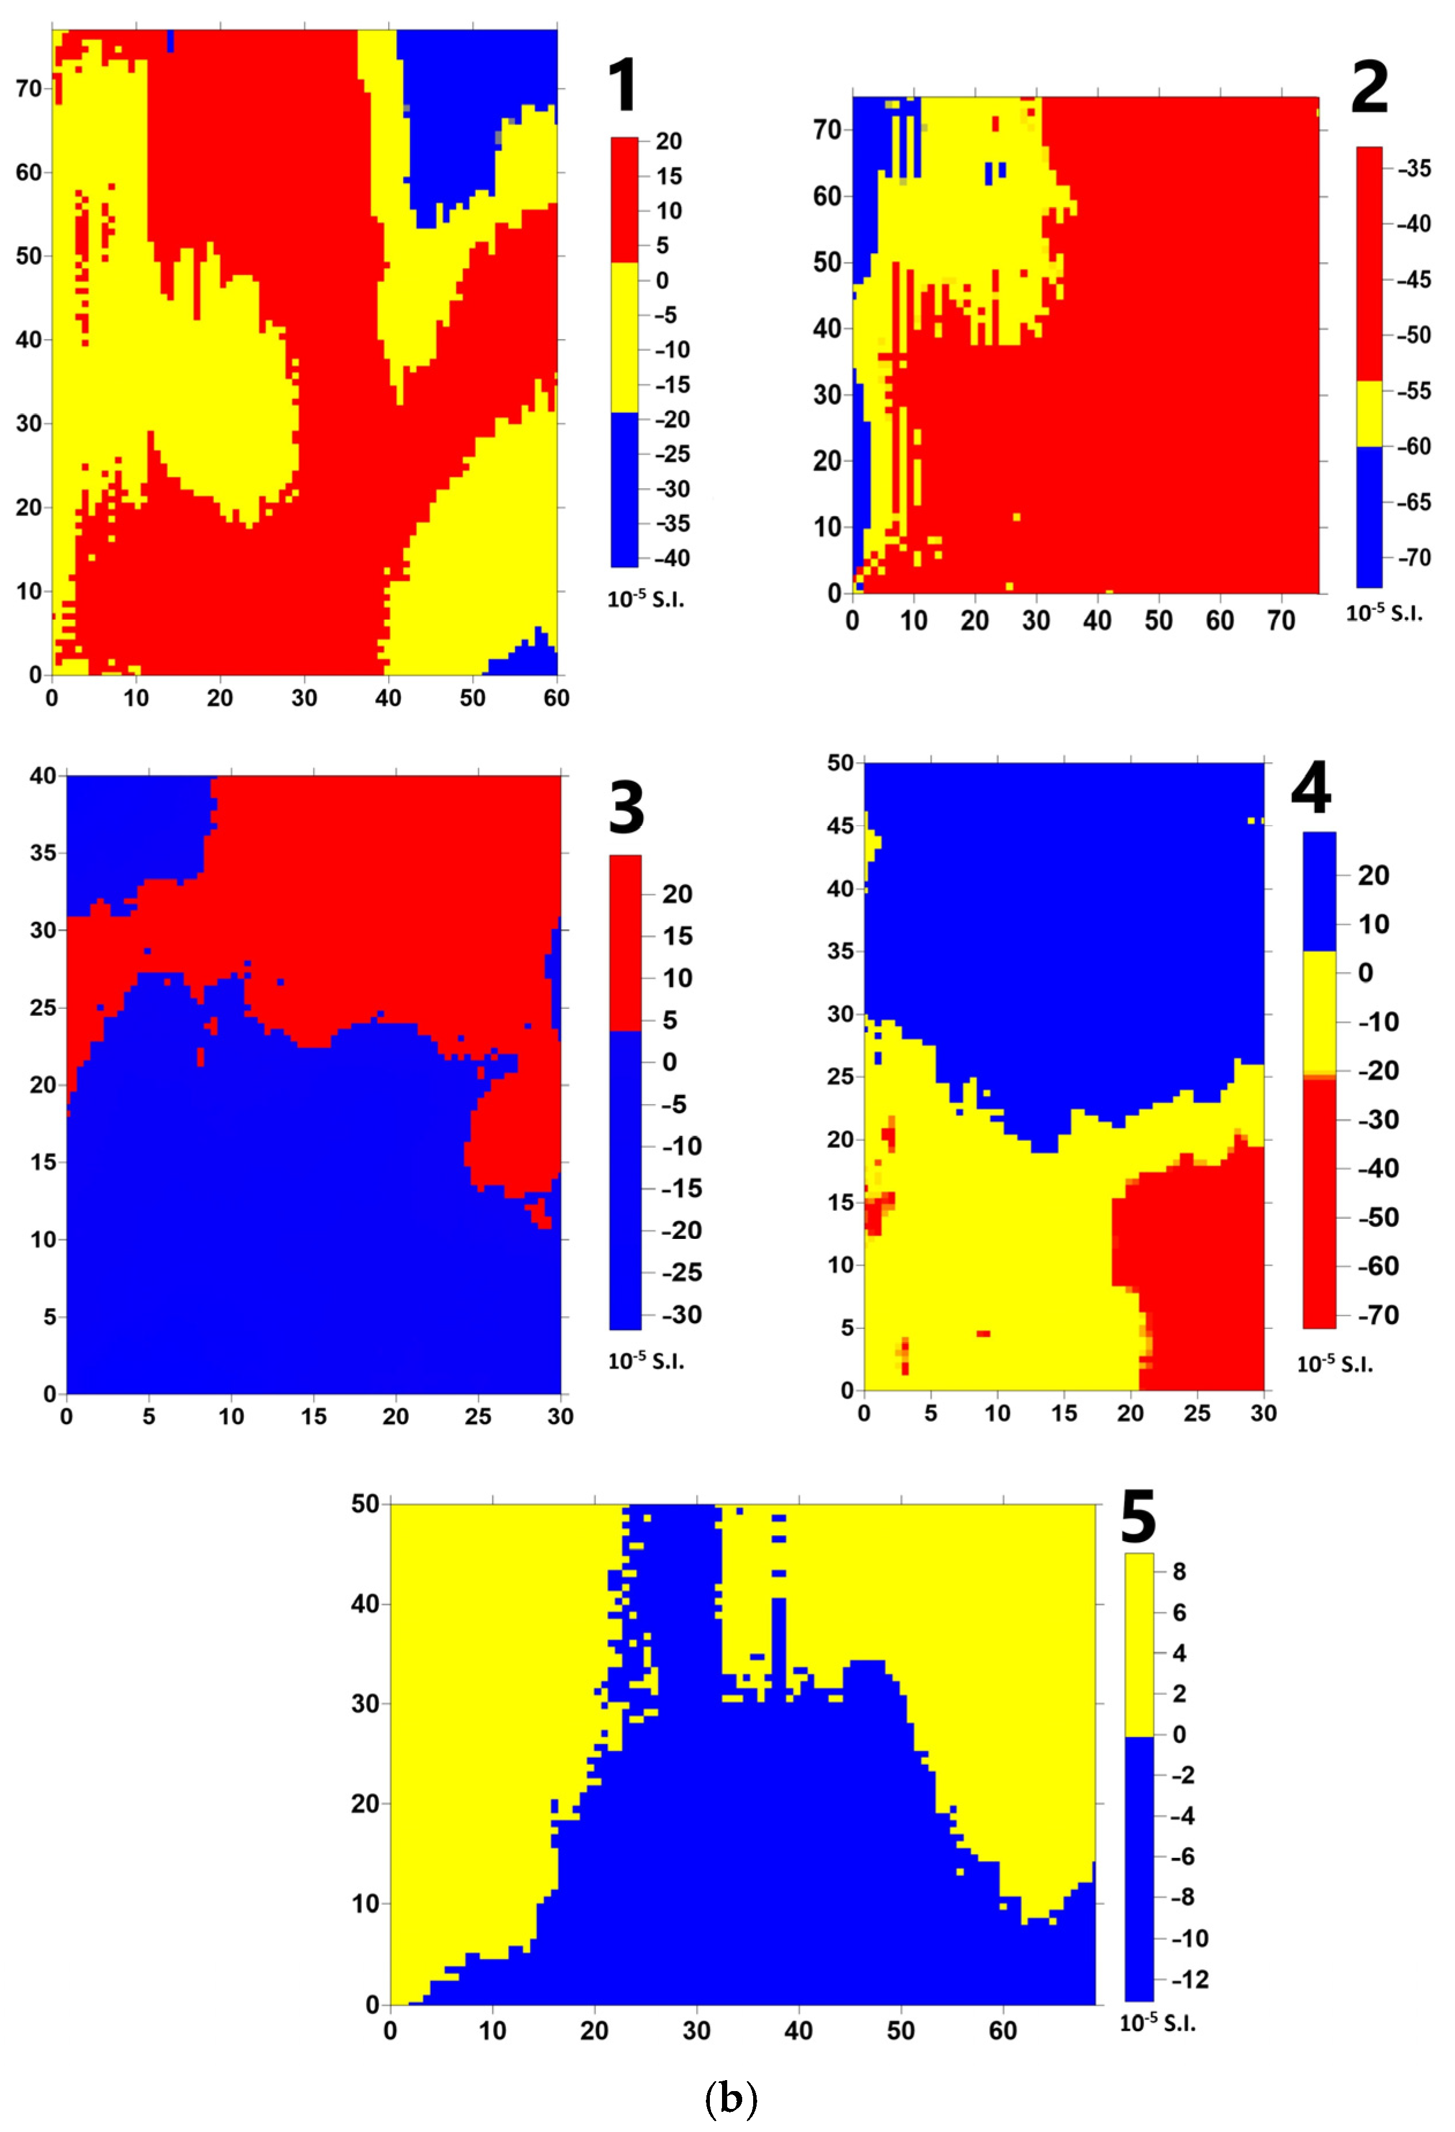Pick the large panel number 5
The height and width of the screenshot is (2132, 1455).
point(1138,1517)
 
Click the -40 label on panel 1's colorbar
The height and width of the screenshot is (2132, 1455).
point(671,558)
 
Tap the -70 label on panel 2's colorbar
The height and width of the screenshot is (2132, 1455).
point(1413,558)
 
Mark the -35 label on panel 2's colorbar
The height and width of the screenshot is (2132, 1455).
point(1413,168)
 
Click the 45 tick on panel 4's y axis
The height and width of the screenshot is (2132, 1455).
point(840,826)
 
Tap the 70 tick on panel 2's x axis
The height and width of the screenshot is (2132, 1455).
point(1281,621)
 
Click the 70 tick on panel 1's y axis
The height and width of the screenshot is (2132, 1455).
point(29,88)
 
